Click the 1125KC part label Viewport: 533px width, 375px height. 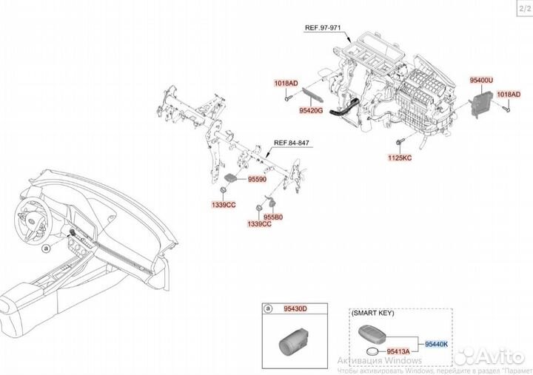tap(400, 157)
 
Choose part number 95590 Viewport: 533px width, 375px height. tap(257, 179)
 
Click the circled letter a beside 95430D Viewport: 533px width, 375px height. tap(268, 310)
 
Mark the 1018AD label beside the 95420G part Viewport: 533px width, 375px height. tap(286, 84)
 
